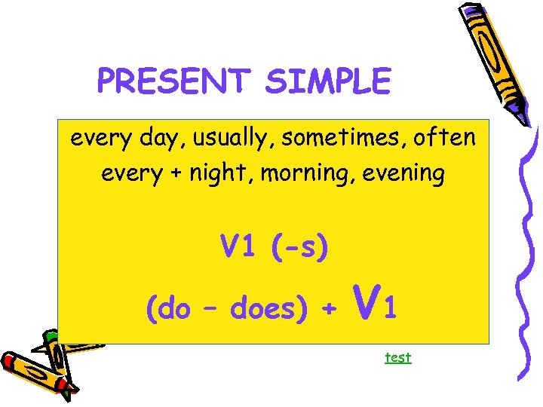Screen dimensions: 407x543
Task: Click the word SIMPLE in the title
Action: click(327, 81)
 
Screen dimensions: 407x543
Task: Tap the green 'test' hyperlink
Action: click(397, 357)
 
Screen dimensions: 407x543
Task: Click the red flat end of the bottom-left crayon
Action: click(11, 363)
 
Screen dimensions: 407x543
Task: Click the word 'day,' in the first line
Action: click(148, 139)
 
